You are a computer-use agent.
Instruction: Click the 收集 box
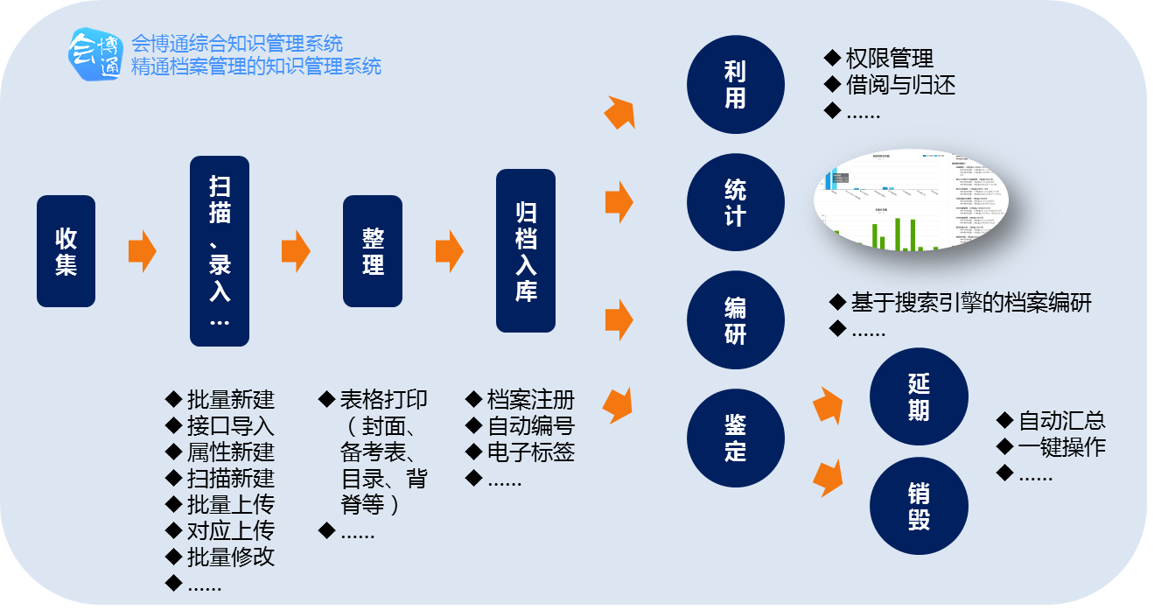click(x=66, y=251)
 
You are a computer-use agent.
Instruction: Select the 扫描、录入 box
click(x=220, y=251)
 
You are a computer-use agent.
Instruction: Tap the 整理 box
click(x=373, y=251)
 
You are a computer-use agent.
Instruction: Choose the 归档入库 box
click(x=526, y=251)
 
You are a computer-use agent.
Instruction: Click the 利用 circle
click(x=735, y=84)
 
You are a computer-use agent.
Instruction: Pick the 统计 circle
click(x=735, y=202)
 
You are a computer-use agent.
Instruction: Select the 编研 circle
click(x=735, y=320)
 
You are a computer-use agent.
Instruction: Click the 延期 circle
click(x=919, y=396)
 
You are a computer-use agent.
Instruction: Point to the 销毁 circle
click(x=919, y=506)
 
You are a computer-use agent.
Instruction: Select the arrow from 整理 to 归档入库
click(x=449, y=252)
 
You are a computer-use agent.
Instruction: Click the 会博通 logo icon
click(x=95, y=54)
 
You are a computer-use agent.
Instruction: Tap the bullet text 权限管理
click(x=889, y=59)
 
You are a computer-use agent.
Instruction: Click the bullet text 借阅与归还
click(x=900, y=85)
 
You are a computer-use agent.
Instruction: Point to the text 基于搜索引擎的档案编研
click(x=971, y=303)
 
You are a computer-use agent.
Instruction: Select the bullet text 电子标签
click(x=530, y=452)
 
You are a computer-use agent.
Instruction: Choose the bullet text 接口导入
click(x=230, y=426)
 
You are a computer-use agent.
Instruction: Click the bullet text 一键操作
click(x=1061, y=447)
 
